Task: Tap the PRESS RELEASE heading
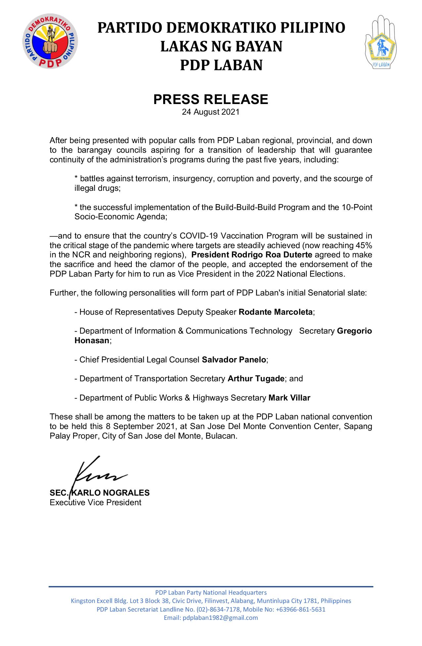tap(211, 99)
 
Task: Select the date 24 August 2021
tap(211, 112)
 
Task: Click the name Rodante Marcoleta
tap(275, 312)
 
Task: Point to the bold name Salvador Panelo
tap(234, 359)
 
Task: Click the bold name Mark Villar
tap(289, 398)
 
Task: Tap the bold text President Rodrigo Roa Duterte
tap(252, 255)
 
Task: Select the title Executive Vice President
tap(95, 503)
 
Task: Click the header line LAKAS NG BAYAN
tap(221, 46)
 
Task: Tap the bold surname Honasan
tap(92, 341)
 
